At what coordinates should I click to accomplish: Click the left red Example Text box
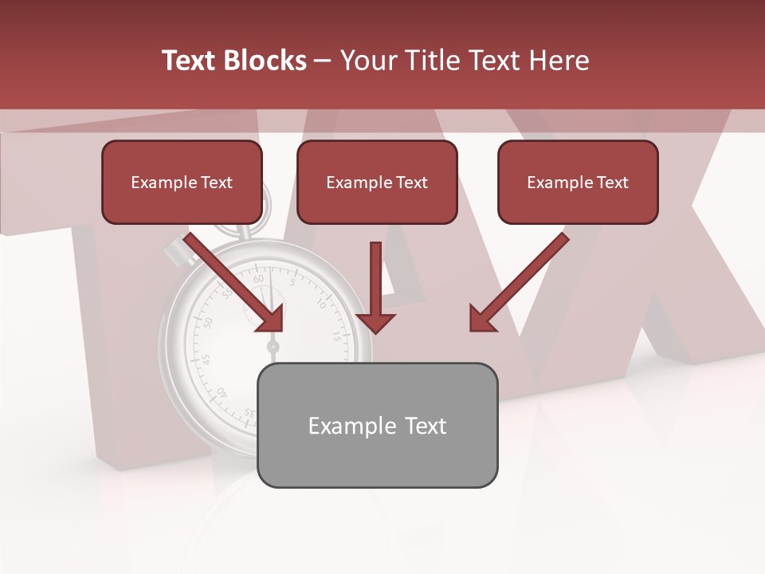[x=182, y=183]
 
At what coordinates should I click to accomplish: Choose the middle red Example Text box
[x=377, y=183]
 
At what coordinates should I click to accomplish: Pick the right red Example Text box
[x=578, y=183]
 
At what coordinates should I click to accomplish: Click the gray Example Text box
[x=377, y=425]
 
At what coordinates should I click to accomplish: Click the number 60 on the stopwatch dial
[x=258, y=280]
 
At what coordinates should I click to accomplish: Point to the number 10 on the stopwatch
[x=321, y=303]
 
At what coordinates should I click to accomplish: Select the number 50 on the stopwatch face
[x=208, y=323]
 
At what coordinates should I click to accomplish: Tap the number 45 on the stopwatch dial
[x=206, y=360]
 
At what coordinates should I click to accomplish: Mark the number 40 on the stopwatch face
[x=221, y=392]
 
